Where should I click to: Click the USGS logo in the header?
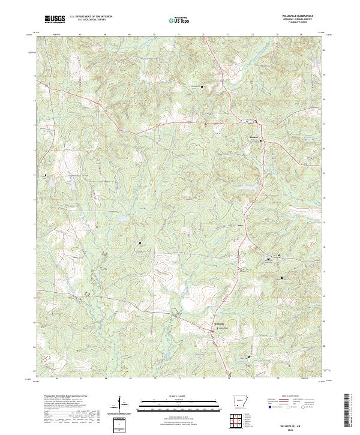(55, 19)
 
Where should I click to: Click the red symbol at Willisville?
(217, 328)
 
